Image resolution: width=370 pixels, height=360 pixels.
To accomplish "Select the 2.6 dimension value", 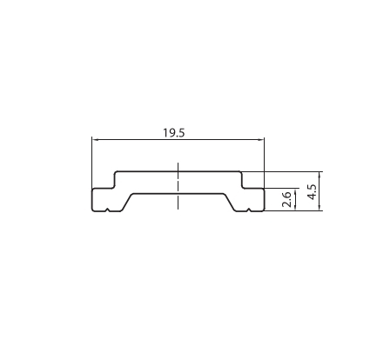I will (x=288, y=200).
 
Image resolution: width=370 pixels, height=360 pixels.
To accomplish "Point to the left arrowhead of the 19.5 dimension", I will (x=95, y=139).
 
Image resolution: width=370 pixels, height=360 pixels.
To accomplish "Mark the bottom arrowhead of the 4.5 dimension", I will (x=322, y=207).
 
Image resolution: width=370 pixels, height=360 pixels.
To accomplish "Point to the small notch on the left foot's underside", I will (x=106, y=210).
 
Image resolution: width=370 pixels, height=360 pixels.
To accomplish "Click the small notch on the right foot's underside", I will (x=250, y=210).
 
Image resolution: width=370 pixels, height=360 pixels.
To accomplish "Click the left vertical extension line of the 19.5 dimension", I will (x=91, y=161).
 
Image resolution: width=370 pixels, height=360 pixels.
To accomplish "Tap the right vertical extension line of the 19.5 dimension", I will (x=265, y=161).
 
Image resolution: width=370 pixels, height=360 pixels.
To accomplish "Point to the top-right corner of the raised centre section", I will (x=240, y=171).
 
